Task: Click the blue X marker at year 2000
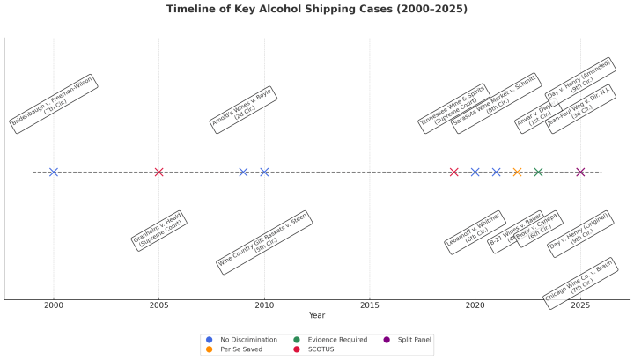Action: [x=54, y=172]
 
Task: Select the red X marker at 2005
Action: [x=158, y=172]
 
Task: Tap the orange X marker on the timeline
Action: [x=517, y=172]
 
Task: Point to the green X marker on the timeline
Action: [x=538, y=172]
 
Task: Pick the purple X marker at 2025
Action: [x=580, y=172]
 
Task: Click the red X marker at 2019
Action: [x=453, y=172]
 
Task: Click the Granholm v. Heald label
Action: [x=157, y=230]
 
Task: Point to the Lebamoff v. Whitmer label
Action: [x=474, y=232]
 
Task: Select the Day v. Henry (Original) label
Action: [x=580, y=234]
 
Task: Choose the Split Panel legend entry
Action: [x=405, y=339]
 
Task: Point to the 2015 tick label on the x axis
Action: [x=369, y=305]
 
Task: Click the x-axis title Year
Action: [x=317, y=315]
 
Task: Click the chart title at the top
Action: [x=317, y=10]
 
